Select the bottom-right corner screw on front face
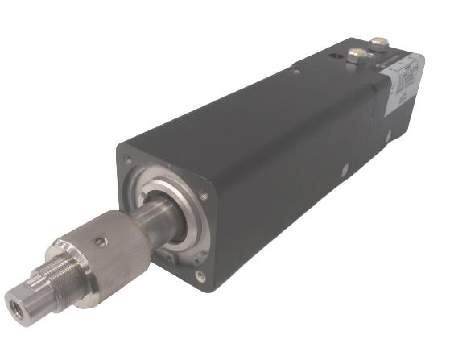click(200, 276)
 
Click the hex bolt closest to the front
click(356, 56)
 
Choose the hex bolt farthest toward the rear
click(378, 42)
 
